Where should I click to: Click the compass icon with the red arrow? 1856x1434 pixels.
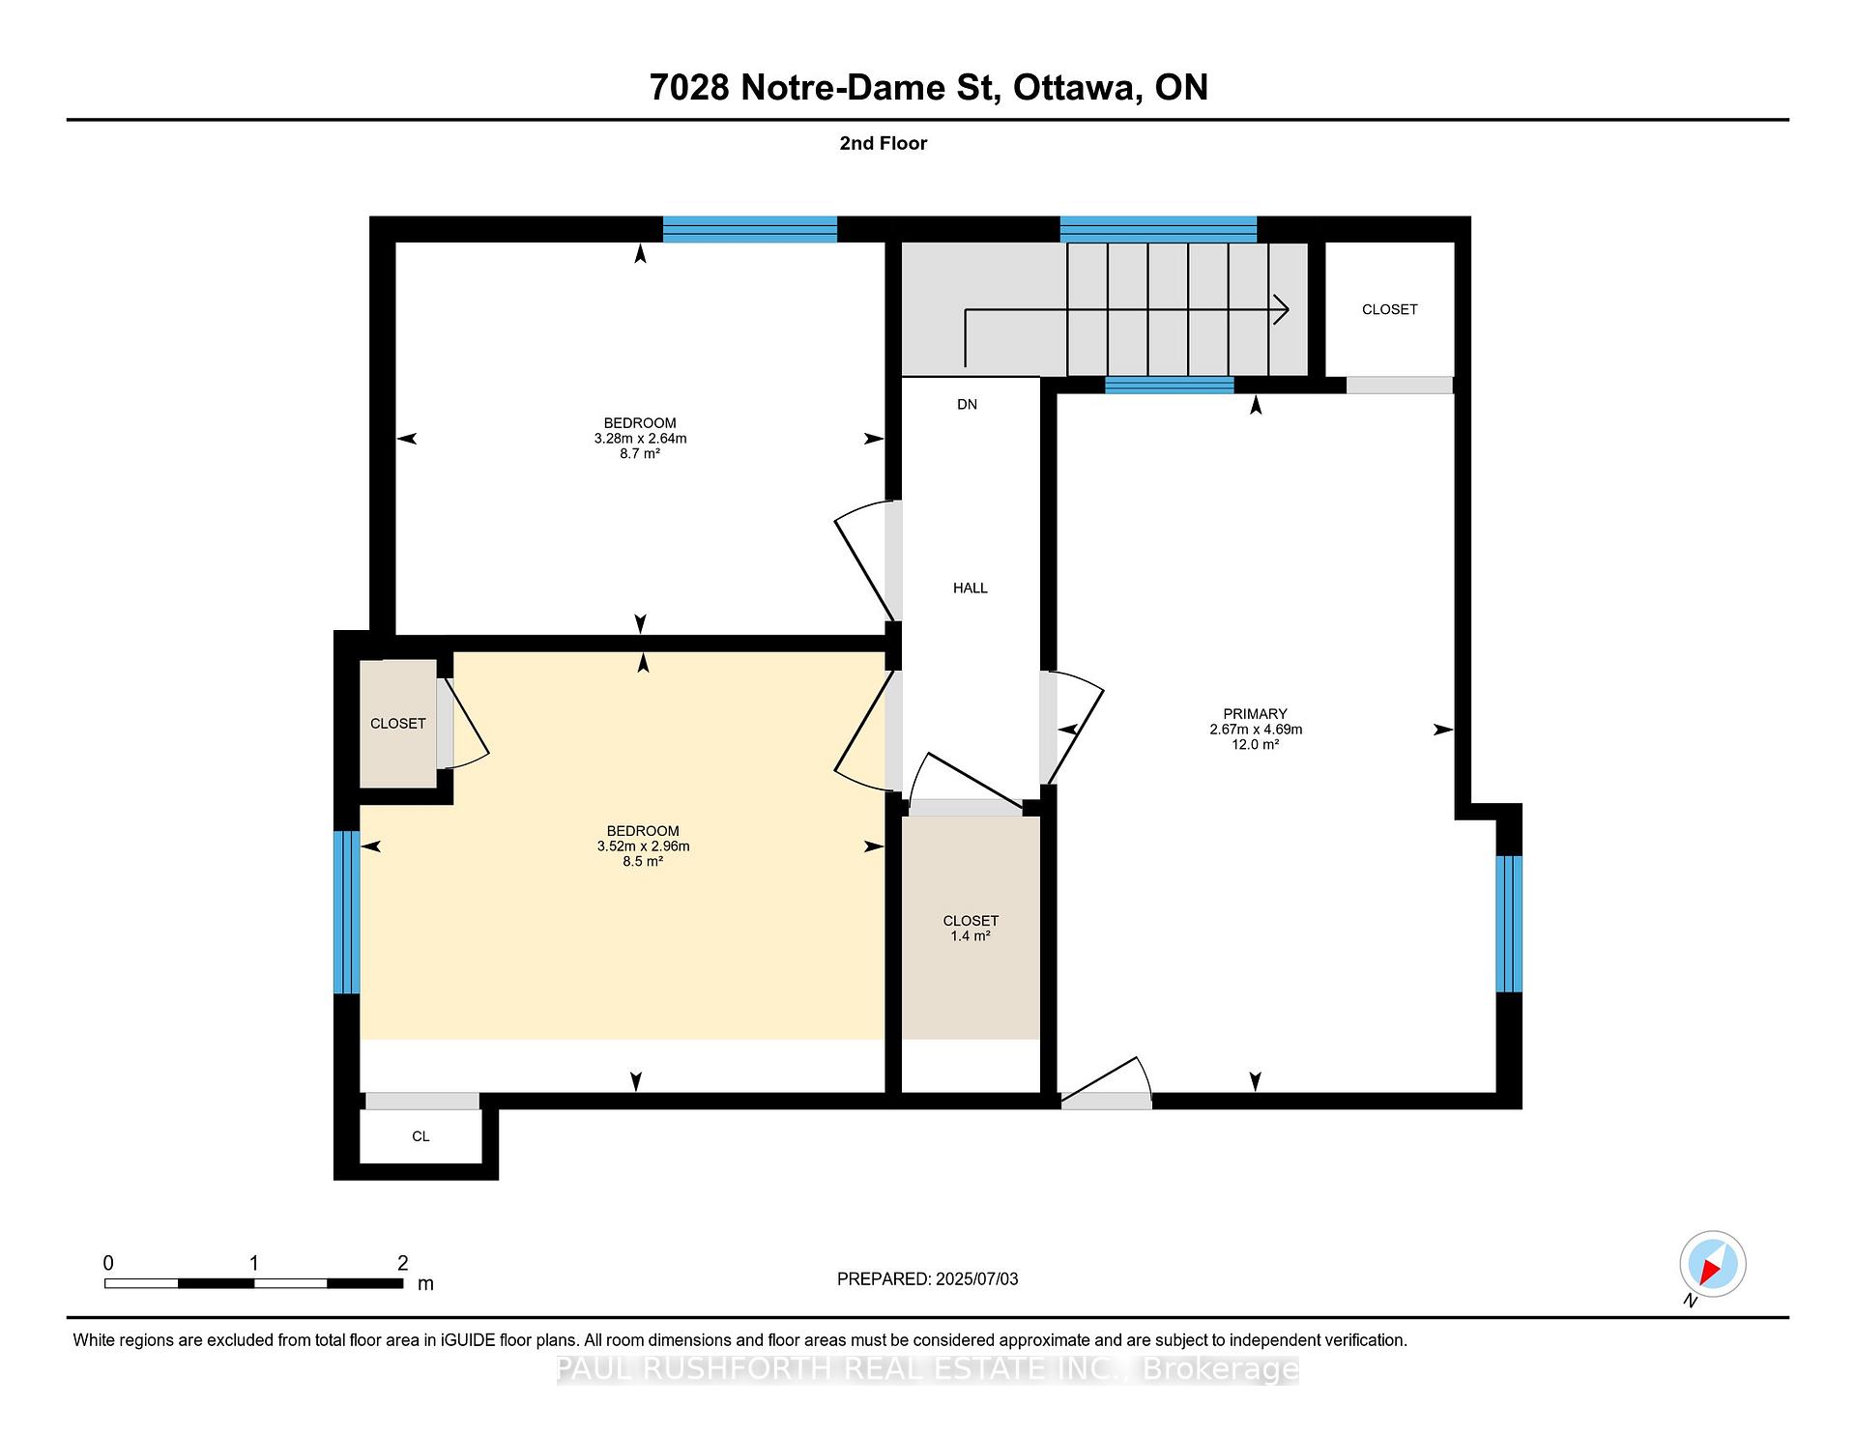tap(1712, 1263)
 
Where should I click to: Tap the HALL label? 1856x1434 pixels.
tap(971, 588)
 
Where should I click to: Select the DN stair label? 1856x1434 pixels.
tap(968, 404)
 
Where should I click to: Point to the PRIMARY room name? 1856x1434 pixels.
tap(1255, 714)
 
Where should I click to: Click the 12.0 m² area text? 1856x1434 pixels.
tap(1255, 745)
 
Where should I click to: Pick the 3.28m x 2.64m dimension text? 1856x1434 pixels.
tap(640, 438)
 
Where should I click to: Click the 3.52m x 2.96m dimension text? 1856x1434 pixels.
tap(643, 846)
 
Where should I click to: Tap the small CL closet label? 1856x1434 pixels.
tap(420, 1136)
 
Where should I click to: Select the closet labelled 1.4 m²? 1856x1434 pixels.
tap(971, 928)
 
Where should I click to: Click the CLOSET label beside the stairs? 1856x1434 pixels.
tap(1389, 309)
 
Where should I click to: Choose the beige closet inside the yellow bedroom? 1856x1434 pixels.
tap(398, 724)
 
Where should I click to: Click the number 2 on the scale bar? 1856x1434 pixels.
tap(402, 1263)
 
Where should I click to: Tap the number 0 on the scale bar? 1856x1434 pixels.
tap(108, 1263)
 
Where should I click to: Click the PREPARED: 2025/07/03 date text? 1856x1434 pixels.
tap(927, 1278)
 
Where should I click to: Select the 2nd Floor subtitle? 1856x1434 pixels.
tap(883, 143)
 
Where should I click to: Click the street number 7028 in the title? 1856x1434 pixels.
tap(688, 88)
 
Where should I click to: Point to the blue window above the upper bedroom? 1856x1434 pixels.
tap(749, 229)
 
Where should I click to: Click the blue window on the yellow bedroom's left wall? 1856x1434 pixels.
tap(346, 912)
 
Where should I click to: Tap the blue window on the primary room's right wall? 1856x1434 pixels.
tap(1509, 924)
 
